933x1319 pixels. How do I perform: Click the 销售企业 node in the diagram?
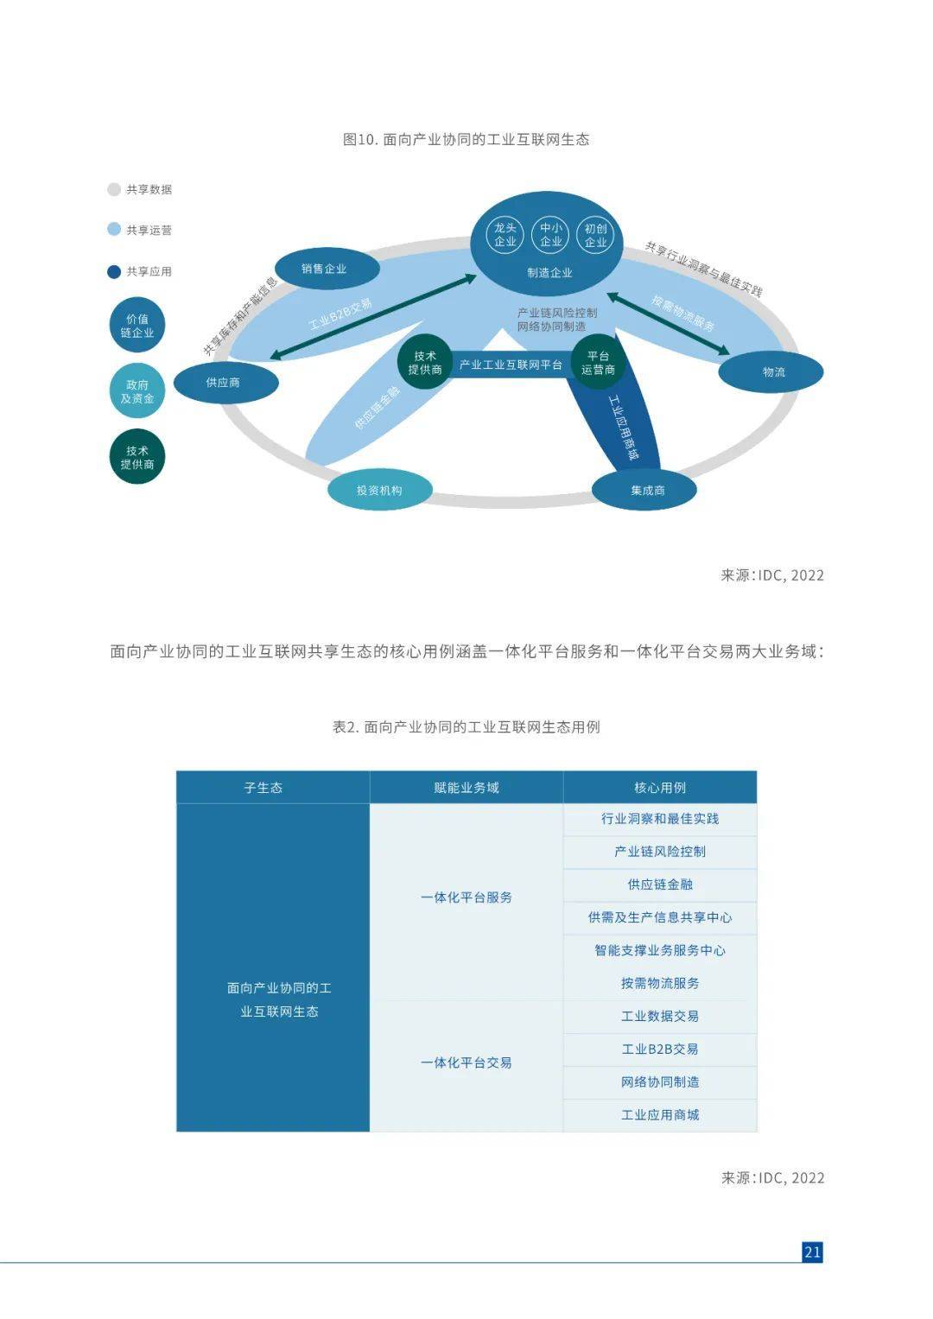coord(327,269)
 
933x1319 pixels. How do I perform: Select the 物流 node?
coord(771,372)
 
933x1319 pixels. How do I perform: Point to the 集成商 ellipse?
coord(644,490)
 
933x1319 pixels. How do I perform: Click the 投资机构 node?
coord(380,490)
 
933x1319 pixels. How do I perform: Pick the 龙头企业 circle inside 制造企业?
coord(505,235)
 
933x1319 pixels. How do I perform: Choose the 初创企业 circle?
coord(595,235)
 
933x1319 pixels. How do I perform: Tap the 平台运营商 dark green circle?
coord(598,363)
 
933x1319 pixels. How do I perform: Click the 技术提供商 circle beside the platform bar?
coord(424,363)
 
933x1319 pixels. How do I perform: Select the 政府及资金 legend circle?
coord(136,391)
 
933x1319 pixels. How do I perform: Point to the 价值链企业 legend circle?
coord(136,326)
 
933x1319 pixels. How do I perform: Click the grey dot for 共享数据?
coord(114,189)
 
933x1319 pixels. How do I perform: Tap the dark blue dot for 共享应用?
coord(114,271)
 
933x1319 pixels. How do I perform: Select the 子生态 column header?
coord(263,788)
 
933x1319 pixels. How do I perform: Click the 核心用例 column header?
coord(660,788)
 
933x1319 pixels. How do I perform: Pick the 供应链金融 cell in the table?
coord(660,885)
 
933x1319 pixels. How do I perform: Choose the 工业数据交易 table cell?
coord(660,1016)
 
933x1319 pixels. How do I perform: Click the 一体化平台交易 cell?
coord(466,1062)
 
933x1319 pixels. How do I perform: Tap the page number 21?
coord(812,1252)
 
